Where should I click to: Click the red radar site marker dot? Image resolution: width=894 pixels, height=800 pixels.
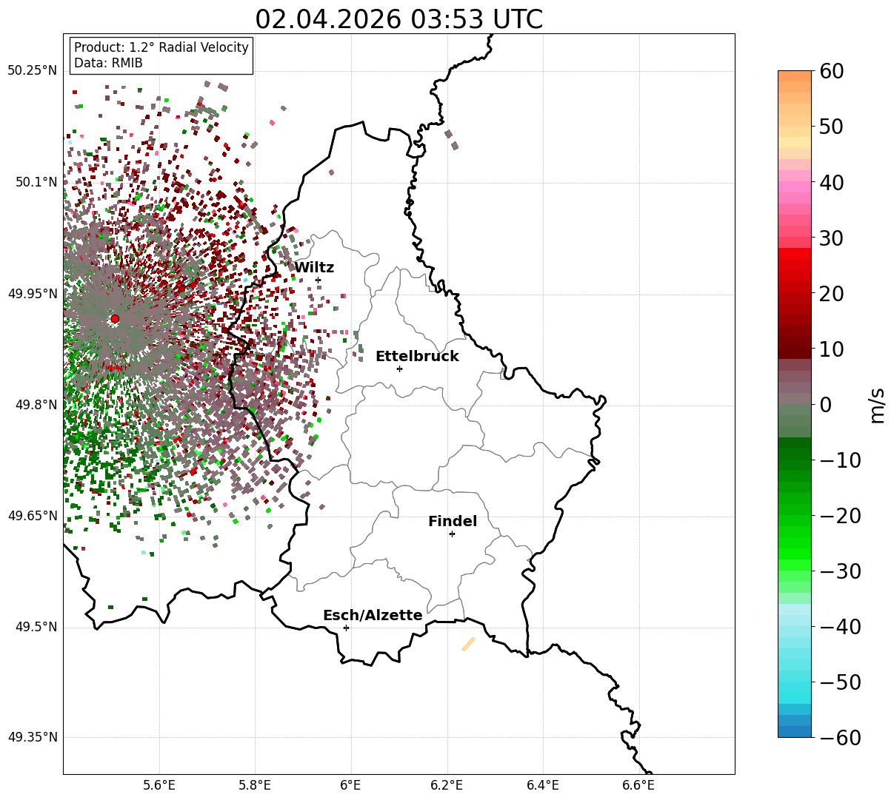tap(115, 319)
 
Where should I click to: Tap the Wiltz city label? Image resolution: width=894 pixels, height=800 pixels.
tap(314, 267)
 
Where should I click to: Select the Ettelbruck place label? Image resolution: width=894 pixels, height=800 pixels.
tap(417, 357)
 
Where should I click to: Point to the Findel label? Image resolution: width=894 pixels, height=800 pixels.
tap(453, 521)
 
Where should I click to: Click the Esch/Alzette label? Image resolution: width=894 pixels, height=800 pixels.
tap(373, 615)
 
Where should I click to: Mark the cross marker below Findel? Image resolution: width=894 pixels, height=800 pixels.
tap(452, 534)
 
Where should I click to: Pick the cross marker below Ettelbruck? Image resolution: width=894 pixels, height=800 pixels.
tap(399, 369)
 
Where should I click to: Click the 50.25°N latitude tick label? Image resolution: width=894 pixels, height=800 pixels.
tap(32, 70)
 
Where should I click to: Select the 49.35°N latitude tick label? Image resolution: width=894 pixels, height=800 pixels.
tap(32, 737)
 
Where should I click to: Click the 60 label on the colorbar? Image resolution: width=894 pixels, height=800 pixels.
tap(831, 71)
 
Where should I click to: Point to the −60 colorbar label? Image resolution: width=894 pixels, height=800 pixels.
tap(840, 738)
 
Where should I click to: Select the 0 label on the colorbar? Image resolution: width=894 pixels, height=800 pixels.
tap(826, 404)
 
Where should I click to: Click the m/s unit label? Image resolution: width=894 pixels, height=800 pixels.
tap(877, 406)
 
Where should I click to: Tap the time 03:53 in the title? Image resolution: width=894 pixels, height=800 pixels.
tap(447, 19)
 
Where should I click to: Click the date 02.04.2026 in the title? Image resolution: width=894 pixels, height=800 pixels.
tap(328, 19)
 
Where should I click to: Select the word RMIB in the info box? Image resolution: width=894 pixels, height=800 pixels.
tap(127, 63)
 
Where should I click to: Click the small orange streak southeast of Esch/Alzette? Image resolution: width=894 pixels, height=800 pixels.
tap(468, 644)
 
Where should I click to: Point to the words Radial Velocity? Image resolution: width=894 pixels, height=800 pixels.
tap(204, 47)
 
